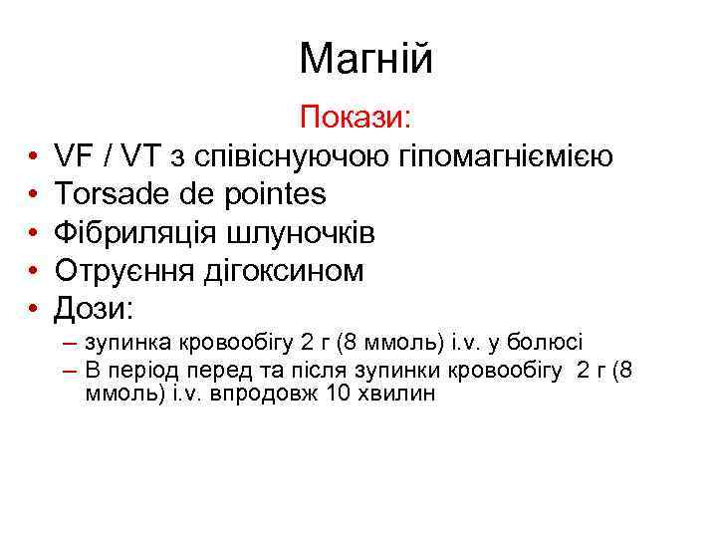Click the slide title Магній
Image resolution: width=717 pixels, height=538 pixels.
(365, 60)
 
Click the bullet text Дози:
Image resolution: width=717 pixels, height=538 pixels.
(93, 308)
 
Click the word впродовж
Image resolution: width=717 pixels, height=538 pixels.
(267, 395)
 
